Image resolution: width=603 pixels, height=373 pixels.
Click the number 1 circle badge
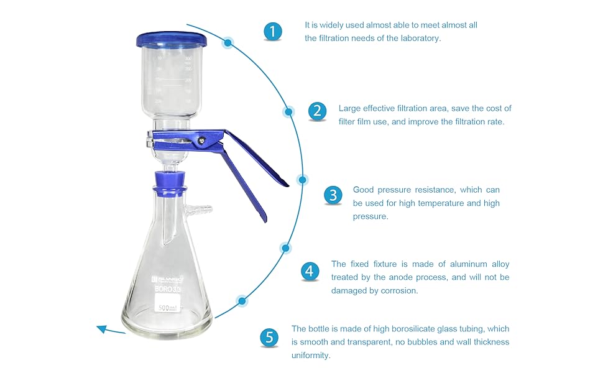(272, 31)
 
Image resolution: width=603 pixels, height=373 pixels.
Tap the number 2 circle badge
(317, 111)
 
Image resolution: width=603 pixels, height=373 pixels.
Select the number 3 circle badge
(333, 195)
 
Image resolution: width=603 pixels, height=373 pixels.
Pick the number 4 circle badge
(310, 271)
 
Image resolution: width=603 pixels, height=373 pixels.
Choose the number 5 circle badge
(269, 338)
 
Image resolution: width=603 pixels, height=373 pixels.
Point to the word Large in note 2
(350, 108)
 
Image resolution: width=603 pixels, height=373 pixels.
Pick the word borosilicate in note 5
(414, 329)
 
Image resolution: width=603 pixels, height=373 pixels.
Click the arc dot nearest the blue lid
(229, 43)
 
